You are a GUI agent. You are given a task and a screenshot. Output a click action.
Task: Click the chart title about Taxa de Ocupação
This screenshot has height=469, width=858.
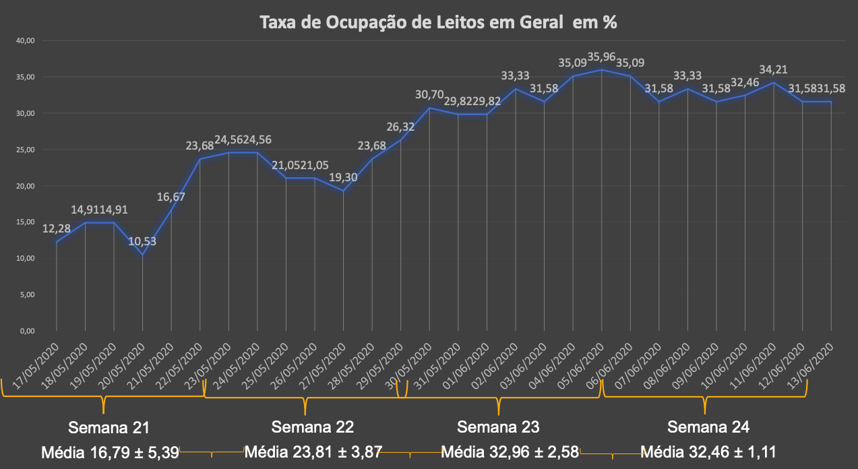pos(439,22)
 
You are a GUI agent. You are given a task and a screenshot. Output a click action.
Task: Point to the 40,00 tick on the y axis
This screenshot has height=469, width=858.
pos(26,40)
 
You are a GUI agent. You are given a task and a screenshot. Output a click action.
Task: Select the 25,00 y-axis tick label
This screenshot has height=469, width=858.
pos(26,150)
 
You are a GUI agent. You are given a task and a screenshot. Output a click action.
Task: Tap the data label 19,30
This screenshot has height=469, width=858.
pos(344,178)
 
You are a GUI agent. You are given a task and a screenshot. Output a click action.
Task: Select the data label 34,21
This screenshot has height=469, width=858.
pos(773,69)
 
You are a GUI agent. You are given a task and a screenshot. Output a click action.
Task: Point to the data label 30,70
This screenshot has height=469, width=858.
pos(429,95)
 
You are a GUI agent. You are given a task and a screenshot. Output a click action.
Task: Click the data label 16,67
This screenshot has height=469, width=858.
pos(171,197)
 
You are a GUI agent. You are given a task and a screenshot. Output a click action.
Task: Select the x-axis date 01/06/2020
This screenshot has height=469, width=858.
pos(470,363)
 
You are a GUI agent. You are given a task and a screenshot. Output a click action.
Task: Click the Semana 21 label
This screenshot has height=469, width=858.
pos(109,427)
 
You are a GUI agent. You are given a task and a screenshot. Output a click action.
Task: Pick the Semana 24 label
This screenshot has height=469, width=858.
pos(708,427)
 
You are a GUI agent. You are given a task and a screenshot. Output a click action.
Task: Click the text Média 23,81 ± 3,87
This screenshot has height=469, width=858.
pos(314,451)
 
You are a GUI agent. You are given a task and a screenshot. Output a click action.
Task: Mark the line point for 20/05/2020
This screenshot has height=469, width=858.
pos(142,255)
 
